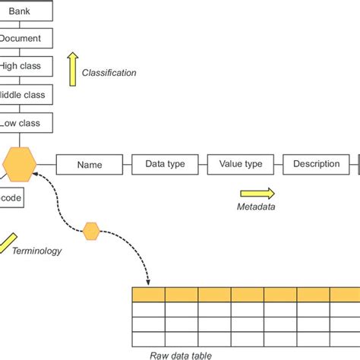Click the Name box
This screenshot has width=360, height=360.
(x=90, y=164)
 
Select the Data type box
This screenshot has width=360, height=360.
(x=165, y=164)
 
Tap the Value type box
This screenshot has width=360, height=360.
(x=240, y=164)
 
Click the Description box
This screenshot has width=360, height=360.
(x=316, y=164)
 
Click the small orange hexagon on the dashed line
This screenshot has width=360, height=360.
(x=91, y=230)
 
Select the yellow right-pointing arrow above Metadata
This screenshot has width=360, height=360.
(x=257, y=194)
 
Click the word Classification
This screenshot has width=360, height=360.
(x=109, y=73)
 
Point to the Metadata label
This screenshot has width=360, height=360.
(x=256, y=207)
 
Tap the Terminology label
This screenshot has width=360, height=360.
(x=36, y=251)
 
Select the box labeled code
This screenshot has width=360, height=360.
(x=11, y=198)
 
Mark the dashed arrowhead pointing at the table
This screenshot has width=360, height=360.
(x=148, y=282)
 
